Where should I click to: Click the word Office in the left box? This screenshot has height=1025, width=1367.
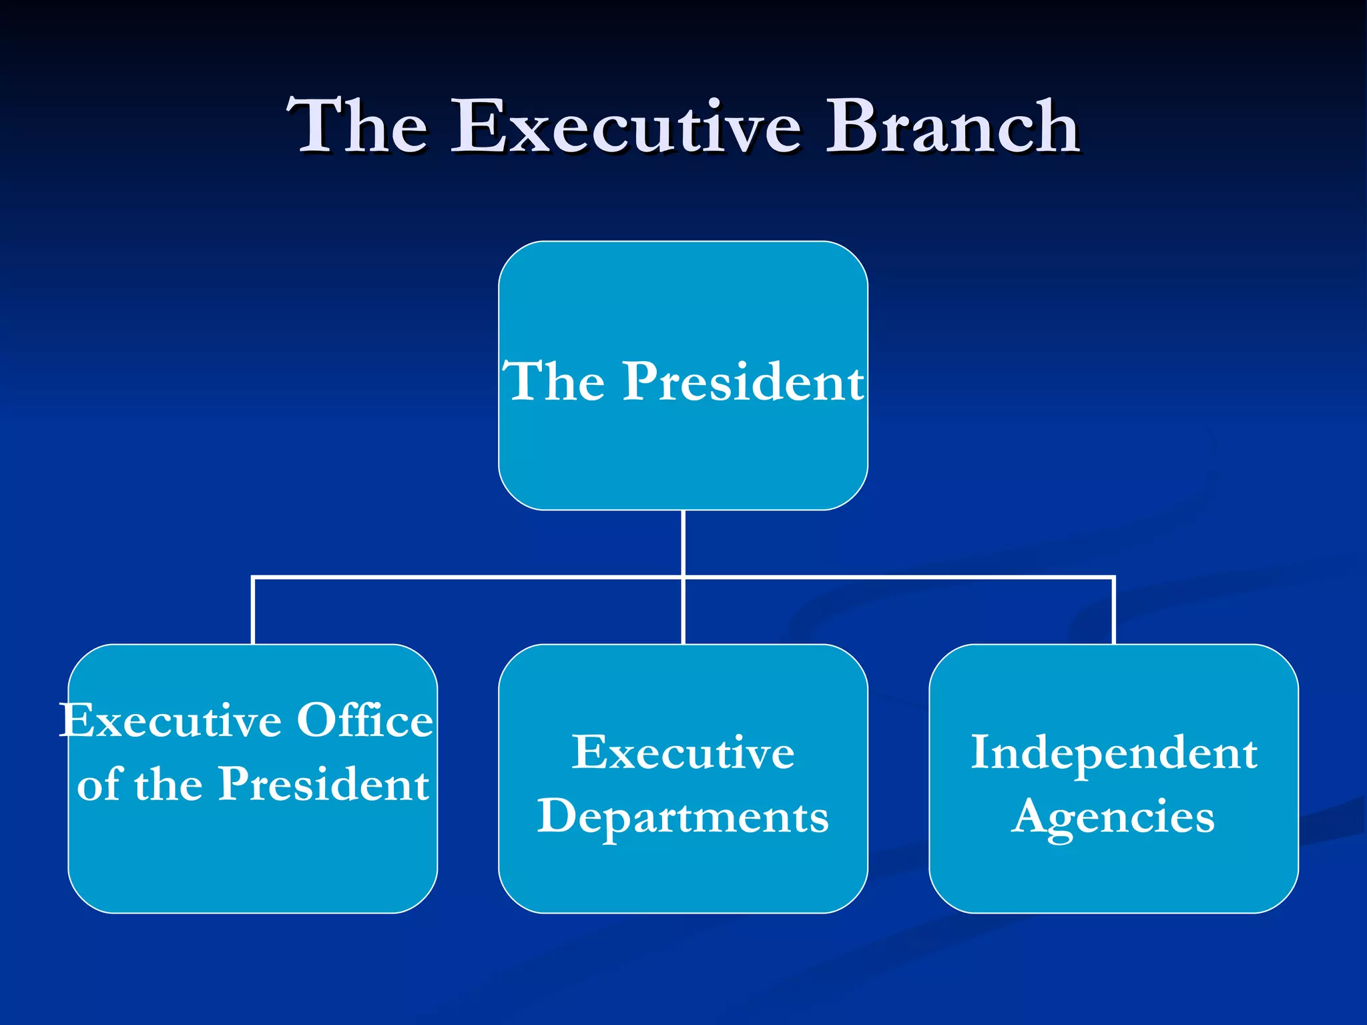click(364, 721)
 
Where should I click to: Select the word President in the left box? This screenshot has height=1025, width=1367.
click(324, 784)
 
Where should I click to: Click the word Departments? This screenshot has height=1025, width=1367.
click(683, 817)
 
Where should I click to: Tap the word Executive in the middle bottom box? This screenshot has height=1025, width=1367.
click(683, 753)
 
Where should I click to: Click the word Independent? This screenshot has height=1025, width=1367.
click(1113, 753)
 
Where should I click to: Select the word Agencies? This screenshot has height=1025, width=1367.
click(1113, 817)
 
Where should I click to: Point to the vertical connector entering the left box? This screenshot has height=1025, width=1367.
click(253, 611)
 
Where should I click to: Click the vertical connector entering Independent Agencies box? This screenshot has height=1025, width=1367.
click(1114, 611)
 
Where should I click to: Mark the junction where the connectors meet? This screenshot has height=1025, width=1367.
click(683, 577)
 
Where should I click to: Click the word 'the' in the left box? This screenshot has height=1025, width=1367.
click(168, 784)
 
